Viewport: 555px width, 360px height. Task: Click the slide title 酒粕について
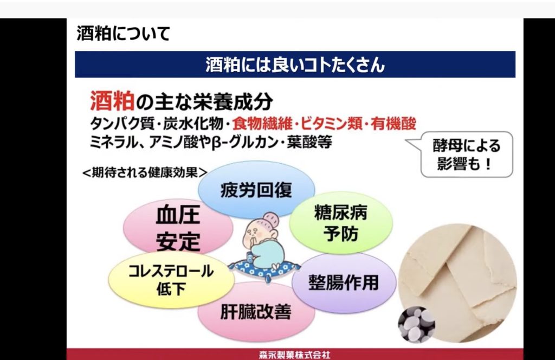(x=123, y=34)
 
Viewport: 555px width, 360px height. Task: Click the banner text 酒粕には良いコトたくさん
(x=295, y=65)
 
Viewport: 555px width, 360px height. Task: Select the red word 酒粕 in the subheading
(x=112, y=101)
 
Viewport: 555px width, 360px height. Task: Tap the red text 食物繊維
(x=262, y=124)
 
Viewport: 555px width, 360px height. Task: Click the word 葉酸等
(x=309, y=142)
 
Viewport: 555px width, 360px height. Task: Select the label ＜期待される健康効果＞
(x=145, y=172)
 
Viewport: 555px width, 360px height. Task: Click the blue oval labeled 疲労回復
(x=256, y=189)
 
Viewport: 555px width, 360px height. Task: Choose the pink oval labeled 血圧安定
(x=178, y=227)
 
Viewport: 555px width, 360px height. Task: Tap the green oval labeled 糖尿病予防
(x=341, y=222)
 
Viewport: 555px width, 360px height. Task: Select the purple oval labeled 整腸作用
(x=344, y=282)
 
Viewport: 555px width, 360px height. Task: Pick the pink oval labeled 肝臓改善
(x=256, y=312)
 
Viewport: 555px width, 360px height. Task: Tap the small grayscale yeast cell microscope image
(x=417, y=325)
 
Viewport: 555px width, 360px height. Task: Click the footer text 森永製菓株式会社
(x=294, y=355)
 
